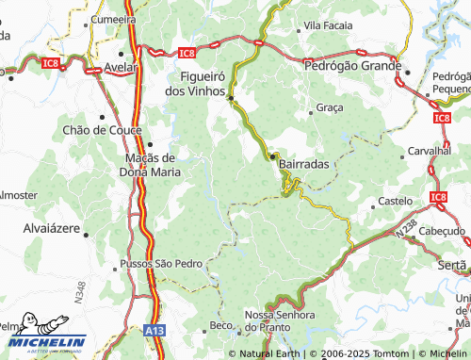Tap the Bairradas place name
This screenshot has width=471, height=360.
304,164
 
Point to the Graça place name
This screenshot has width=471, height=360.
330,108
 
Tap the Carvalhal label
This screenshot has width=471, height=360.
430,151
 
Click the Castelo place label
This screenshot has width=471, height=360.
395,202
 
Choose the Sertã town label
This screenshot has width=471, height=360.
453,266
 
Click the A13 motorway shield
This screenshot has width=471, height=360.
158,331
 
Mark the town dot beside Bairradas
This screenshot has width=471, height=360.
273,156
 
